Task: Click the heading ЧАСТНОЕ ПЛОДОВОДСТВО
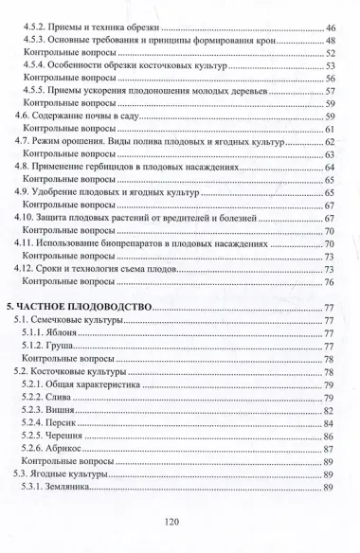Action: click(x=91, y=308)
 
